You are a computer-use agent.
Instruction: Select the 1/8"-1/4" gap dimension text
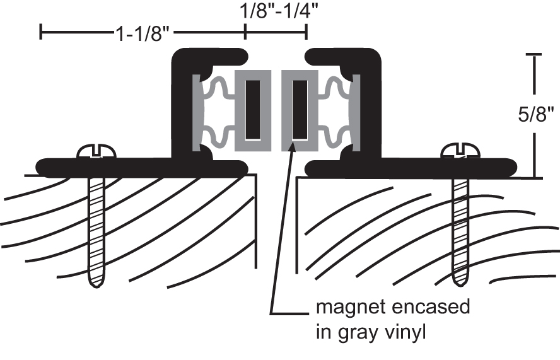click(274, 11)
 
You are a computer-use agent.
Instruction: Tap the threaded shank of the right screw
click(460, 221)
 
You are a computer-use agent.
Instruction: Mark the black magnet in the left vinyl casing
click(252, 109)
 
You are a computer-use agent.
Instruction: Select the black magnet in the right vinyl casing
click(300, 109)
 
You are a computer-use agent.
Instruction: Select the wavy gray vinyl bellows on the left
click(218, 110)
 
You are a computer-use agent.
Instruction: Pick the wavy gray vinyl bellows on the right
click(335, 110)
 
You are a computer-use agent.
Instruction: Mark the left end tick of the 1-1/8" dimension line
click(42, 32)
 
